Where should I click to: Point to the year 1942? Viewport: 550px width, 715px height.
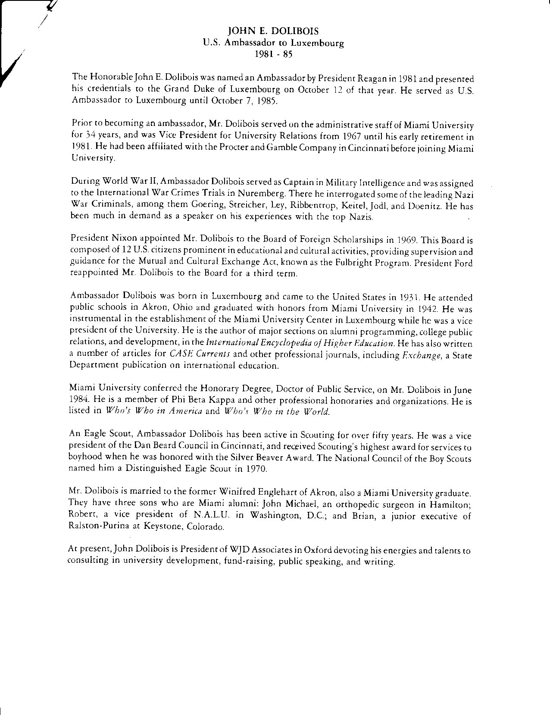(425, 309)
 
